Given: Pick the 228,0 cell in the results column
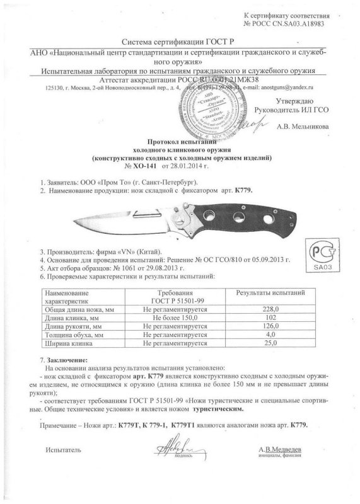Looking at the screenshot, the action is point(270,309).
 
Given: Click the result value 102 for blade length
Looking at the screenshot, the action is point(270,318).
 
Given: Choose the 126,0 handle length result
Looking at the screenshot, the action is point(270,327).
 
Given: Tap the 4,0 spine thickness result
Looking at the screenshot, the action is point(270,336).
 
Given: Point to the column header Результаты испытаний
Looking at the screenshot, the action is point(270,293).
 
